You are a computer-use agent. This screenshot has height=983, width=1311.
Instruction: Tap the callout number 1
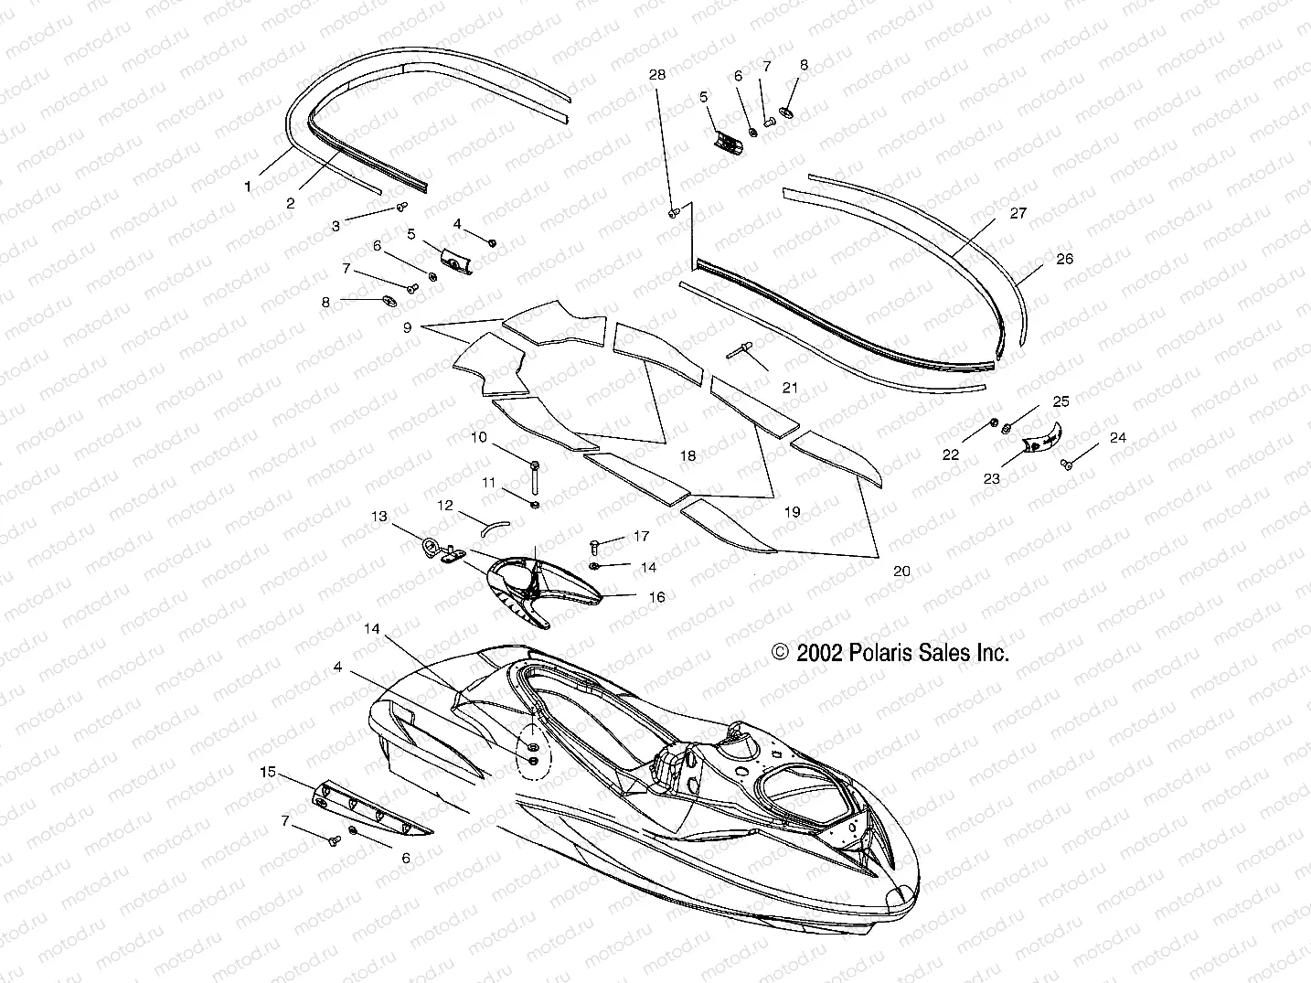pyautogui.click(x=248, y=186)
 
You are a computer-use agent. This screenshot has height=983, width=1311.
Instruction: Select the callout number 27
pyautogui.click(x=1018, y=213)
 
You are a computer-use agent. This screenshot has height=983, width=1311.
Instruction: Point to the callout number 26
pyautogui.click(x=1064, y=259)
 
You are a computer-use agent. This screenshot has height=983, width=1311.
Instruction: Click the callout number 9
pyautogui.click(x=407, y=326)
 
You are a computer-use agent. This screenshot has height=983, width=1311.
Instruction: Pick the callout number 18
pyautogui.click(x=687, y=455)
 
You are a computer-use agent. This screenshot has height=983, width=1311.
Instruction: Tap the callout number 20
pyautogui.click(x=901, y=571)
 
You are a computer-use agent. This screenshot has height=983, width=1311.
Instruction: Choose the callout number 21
pyautogui.click(x=790, y=388)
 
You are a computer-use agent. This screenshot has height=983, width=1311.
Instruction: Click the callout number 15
pyautogui.click(x=268, y=772)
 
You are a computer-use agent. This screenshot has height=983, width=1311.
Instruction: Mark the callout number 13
pyautogui.click(x=379, y=517)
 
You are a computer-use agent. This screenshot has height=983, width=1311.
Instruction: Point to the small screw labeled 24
pyautogui.click(x=1066, y=465)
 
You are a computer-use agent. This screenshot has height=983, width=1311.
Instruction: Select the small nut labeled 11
pyautogui.click(x=535, y=505)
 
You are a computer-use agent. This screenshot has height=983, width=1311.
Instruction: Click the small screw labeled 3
pyautogui.click(x=401, y=208)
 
